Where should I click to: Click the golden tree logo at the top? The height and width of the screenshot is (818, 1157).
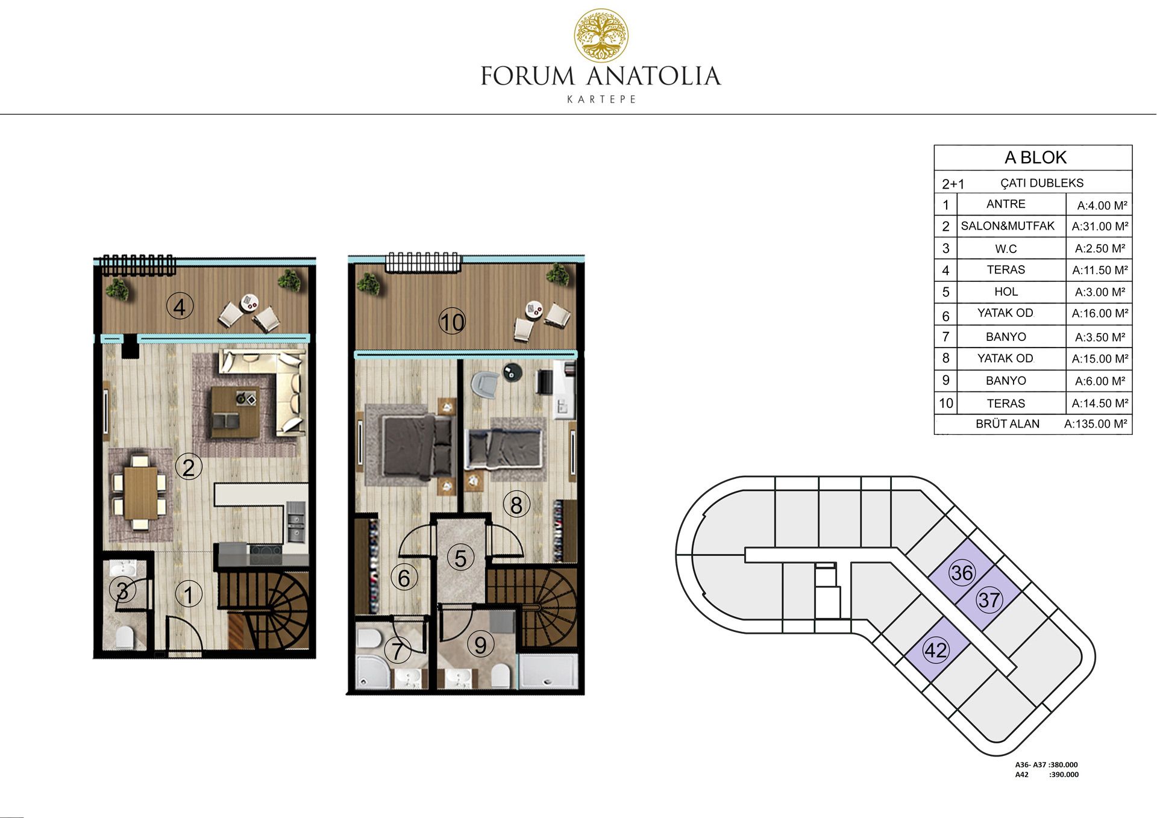click(601, 36)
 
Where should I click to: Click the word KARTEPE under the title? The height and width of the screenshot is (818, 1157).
click(601, 99)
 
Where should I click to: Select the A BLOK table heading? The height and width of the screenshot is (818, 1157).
click(1035, 157)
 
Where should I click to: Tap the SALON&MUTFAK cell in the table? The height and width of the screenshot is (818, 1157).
click(1008, 226)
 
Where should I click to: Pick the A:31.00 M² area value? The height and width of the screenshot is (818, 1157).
click(1100, 226)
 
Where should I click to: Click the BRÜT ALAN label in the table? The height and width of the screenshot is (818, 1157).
click(1008, 423)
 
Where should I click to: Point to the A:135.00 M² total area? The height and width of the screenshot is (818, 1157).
click(1096, 423)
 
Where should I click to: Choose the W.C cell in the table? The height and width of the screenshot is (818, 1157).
click(1006, 248)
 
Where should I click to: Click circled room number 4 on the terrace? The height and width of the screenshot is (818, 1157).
click(179, 307)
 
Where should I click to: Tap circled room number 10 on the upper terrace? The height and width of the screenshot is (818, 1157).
click(452, 322)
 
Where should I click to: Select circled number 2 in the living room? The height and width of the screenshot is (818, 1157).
click(188, 467)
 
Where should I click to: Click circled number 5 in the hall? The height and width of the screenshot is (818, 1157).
click(460, 558)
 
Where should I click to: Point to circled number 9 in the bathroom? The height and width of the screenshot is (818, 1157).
click(480, 645)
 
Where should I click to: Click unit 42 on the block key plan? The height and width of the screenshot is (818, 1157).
click(936, 651)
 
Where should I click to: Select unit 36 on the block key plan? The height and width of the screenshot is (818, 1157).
click(962, 573)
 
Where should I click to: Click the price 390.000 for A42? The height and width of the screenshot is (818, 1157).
click(1064, 775)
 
